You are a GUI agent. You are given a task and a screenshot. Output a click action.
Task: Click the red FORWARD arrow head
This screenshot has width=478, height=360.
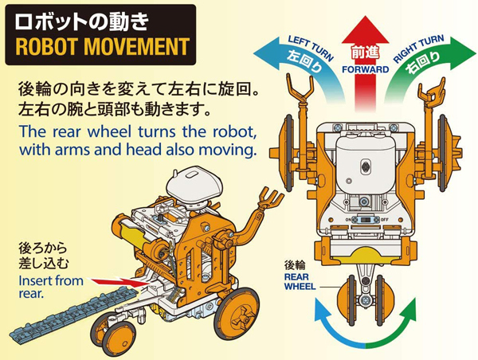point(365,30)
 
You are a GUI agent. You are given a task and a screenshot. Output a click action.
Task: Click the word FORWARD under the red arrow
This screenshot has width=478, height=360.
point(365,69)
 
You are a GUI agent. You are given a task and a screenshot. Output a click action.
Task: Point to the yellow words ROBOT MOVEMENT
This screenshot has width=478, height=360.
point(102,47)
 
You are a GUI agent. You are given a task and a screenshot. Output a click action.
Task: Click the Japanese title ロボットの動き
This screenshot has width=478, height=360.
point(82,23)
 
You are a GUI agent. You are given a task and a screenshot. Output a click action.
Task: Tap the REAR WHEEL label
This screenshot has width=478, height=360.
point(300,281)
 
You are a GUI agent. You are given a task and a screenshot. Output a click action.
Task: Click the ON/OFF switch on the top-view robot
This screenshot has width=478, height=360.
point(365,220)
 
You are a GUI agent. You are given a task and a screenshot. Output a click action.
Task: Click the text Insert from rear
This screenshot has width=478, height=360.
point(51,287)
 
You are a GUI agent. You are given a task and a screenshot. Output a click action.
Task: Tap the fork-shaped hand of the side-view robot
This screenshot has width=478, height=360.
point(270,198)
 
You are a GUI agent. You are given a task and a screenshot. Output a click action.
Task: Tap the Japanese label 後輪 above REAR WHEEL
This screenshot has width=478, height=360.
point(295,265)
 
